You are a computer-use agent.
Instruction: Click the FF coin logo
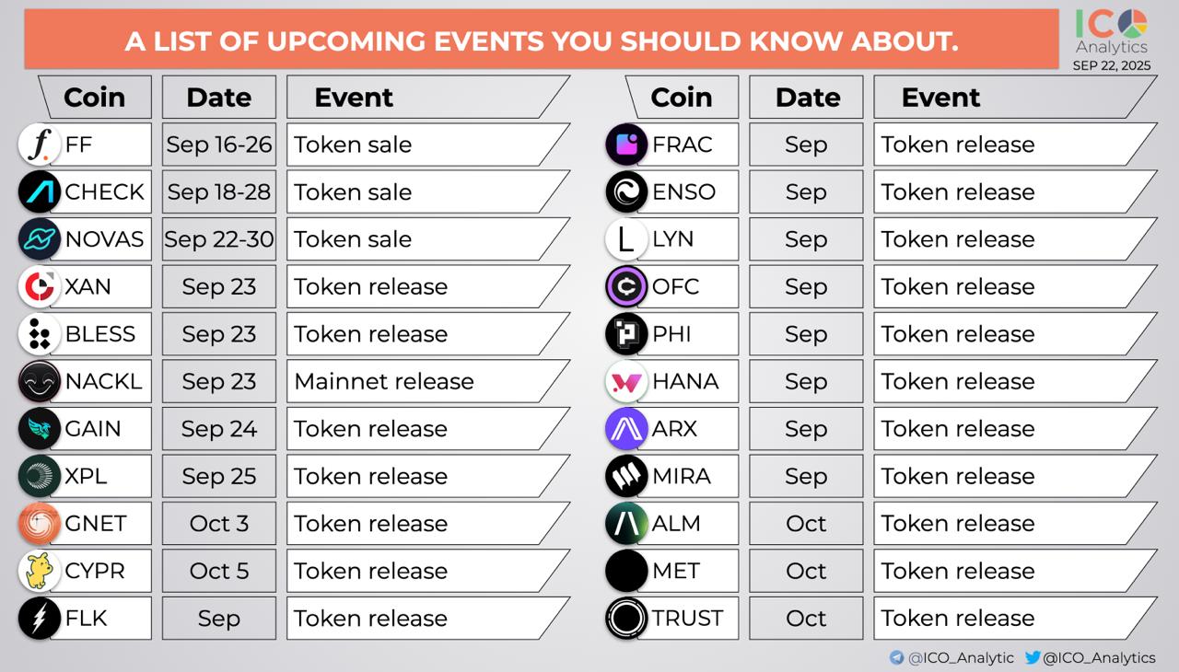[40, 145]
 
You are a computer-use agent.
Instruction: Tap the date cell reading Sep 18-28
[219, 191]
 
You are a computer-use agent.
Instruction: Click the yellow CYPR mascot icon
[40, 571]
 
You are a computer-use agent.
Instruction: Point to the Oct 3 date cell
[219, 523]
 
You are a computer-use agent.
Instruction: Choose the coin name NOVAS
[104, 239]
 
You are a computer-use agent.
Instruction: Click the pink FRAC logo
[626, 145]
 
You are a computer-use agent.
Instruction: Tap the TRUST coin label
[687, 619]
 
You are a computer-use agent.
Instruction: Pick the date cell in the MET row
[806, 571]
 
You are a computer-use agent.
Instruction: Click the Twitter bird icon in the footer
[1033, 657]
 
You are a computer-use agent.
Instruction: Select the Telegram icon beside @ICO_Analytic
[896, 657]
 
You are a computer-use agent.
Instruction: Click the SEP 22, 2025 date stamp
[1112, 65]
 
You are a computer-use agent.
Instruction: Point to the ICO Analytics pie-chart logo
[1133, 24]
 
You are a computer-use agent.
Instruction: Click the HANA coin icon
[626, 381]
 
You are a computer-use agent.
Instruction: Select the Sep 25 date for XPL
[219, 476]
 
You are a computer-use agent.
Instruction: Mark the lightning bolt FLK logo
[40, 618]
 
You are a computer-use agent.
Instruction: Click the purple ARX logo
[626, 429]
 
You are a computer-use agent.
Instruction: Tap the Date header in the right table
[808, 98]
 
